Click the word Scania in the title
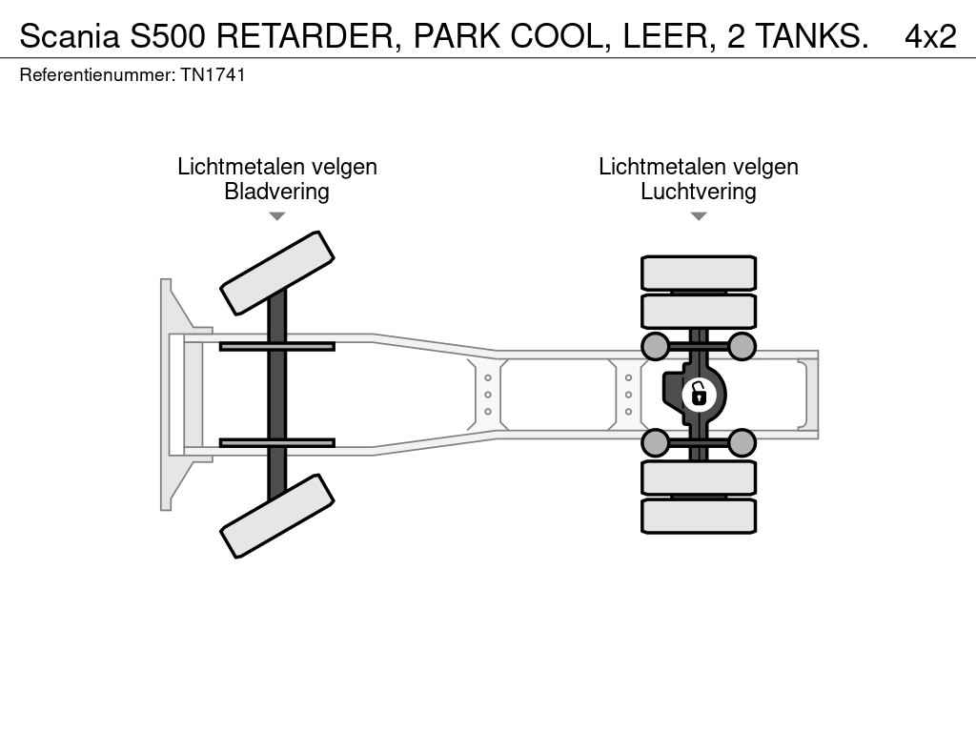point(69,36)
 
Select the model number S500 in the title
point(168,36)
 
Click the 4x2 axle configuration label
point(930,36)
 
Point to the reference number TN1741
point(213,74)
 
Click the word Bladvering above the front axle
point(277,191)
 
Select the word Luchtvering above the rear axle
point(699,191)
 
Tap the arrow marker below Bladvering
point(277,216)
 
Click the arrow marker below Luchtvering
point(699,216)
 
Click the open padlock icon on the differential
point(699,395)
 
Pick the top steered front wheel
point(277,274)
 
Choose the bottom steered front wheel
point(277,516)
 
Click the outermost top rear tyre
point(699,273)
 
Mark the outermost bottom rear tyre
point(699,516)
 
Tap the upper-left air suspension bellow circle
point(656,346)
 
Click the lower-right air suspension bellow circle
point(742,443)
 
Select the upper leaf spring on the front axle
point(277,347)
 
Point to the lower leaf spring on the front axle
point(277,442)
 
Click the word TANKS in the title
point(812,36)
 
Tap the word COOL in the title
point(557,36)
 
